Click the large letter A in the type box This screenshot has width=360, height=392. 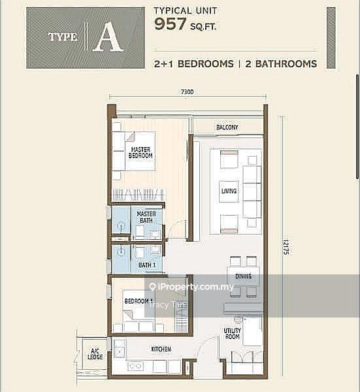coord(108,39)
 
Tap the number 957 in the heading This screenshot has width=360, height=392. coord(171,24)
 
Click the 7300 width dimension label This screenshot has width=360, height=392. coord(188,92)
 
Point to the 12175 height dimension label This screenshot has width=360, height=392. coord(286,247)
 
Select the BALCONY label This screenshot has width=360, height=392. coord(227,127)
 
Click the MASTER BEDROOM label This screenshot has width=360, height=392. coord(140,152)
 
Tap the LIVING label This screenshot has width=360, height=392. coord(229,191)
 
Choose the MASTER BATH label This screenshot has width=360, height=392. coord(146,218)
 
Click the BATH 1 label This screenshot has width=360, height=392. coord(147,265)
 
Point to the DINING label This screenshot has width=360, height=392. coord(243,276)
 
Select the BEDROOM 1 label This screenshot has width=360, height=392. coord(139,301)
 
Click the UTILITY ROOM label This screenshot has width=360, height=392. coord(232,334)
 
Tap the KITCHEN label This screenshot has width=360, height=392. coord(161,349)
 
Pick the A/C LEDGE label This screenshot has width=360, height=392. coord(95,355)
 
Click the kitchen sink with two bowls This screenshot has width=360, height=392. coord(135,366)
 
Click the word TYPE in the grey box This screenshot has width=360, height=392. coord(63,37)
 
